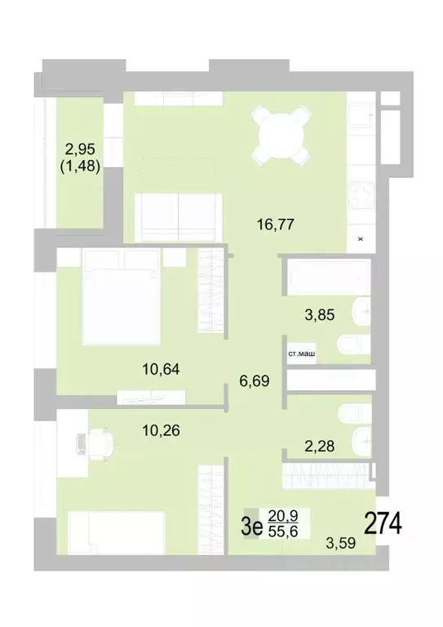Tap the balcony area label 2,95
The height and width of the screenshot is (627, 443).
click(81, 149)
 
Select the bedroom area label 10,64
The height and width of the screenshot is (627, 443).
click(161, 368)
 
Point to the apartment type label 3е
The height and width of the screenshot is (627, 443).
click(251, 524)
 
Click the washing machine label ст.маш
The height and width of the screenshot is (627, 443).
click(301, 354)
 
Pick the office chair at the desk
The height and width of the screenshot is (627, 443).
click(101, 443)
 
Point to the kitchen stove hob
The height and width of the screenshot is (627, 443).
click(359, 197)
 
